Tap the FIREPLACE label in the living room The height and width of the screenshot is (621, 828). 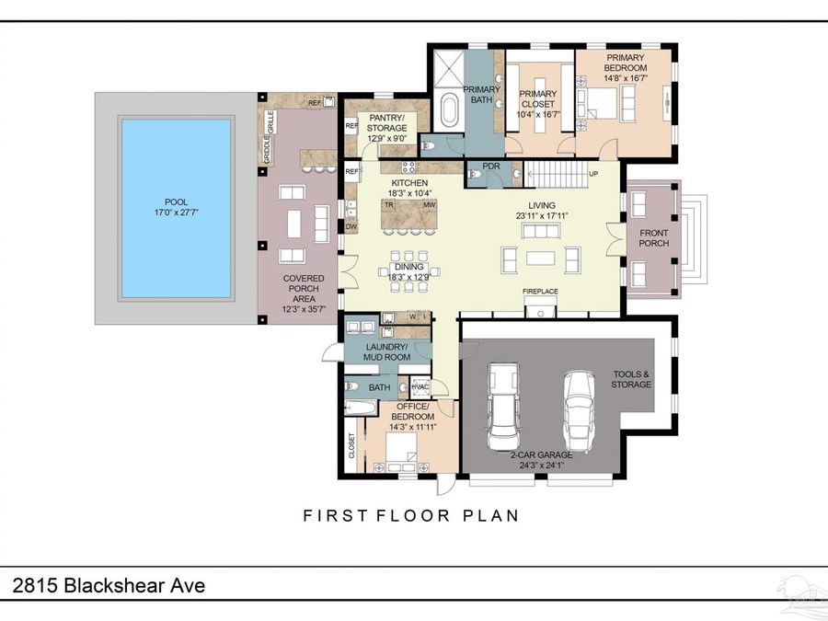coord(540,292)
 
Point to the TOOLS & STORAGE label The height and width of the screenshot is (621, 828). coord(631,379)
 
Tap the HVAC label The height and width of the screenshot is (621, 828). coord(420,386)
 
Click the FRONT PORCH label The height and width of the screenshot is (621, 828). coord(654,238)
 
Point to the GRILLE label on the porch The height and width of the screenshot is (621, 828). coord(270,121)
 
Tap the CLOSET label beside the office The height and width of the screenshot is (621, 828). coord(351,446)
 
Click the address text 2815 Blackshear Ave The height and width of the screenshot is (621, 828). coord(108,586)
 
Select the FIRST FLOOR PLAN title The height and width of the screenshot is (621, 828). coord(411,516)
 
